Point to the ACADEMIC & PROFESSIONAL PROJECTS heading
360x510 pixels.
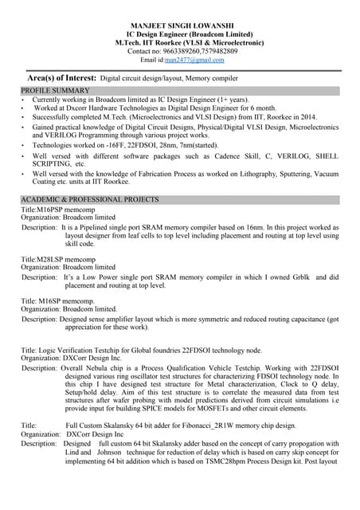point(90,199)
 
